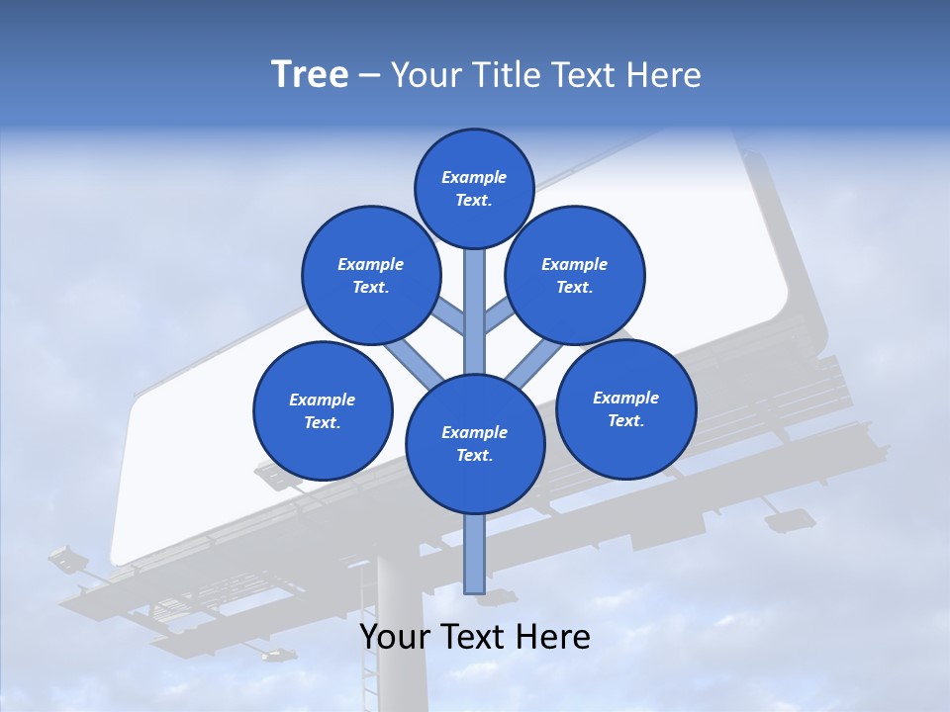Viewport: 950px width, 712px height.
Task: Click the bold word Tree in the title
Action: click(x=310, y=75)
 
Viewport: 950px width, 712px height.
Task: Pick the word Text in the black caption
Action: click(x=474, y=637)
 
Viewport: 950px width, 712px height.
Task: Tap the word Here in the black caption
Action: click(x=553, y=637)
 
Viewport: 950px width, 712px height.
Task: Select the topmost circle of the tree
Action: click(x=474, y=188)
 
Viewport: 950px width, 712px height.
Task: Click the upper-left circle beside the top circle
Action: click(x=371, y=275)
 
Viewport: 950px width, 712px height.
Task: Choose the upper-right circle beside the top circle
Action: click(x=575, y=275)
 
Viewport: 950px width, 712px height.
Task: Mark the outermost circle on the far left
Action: click(x=323, y=410)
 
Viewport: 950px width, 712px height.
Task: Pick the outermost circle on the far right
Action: click(x=625, y=408)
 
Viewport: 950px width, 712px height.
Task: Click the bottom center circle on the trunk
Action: click(x=475, y=443)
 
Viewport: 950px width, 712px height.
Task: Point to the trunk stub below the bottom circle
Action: click(x=475, y=554)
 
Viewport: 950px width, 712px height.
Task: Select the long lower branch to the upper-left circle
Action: click(x=414, y=362)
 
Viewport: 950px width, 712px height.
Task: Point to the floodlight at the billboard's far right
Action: click(x=791, y=519)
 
